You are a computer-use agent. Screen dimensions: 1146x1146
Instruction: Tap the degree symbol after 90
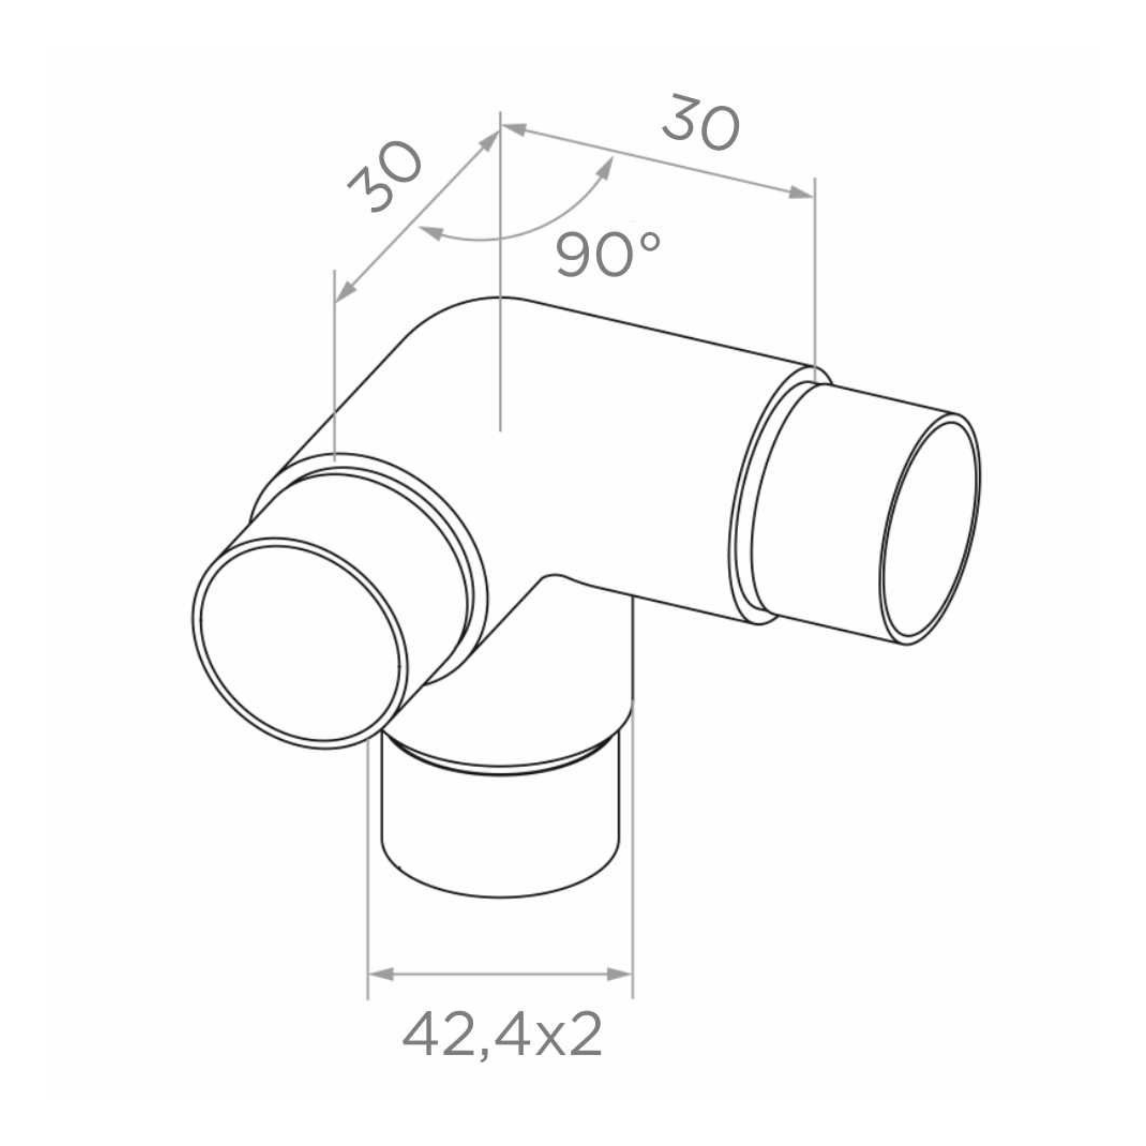(x=650, y=241)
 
